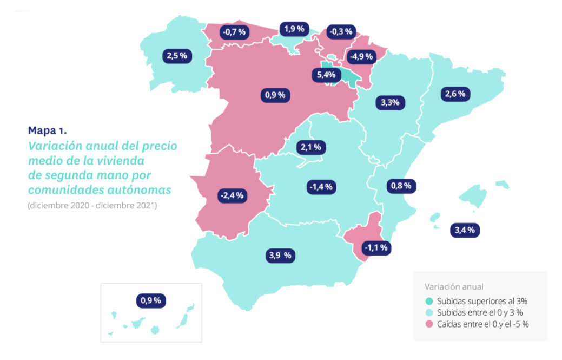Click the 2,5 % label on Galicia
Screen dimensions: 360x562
(177, 55)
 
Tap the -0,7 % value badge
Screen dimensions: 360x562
(234, 32)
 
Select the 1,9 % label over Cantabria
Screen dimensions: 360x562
(293, 29)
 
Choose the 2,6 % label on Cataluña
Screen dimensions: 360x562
(455, 94)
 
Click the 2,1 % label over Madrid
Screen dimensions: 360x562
(311, 146)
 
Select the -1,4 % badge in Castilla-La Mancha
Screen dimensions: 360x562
(322, 187)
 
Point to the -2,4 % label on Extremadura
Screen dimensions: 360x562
(232, 195)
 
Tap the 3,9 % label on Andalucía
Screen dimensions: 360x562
(280, 255)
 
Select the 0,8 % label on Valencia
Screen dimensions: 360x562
(401, 186)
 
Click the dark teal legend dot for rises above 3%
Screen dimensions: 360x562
(429, 301)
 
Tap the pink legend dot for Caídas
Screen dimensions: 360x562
(429, 324)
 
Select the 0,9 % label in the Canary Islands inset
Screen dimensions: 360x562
(150, 300)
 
